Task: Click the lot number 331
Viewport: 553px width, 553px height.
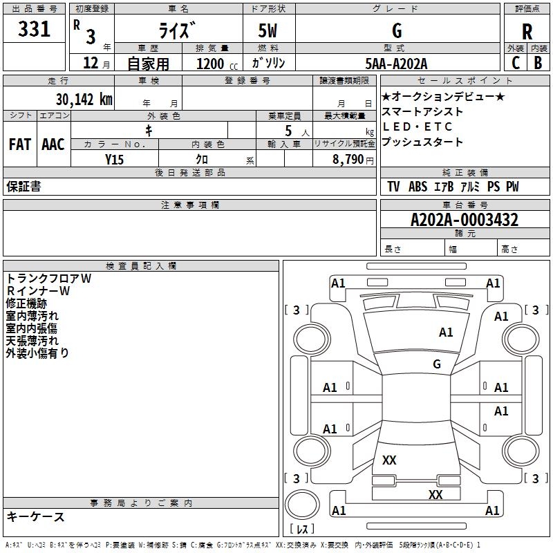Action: pos(34,30)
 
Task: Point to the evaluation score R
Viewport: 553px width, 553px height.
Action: pos(527,31)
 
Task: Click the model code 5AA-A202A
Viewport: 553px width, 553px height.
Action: pos(397,64)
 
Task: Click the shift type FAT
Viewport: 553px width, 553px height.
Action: pos(20,144)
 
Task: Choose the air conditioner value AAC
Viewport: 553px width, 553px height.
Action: pos(53,144)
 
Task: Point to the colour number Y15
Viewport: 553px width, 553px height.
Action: pos(114,160)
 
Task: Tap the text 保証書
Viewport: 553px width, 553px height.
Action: pos(24,187)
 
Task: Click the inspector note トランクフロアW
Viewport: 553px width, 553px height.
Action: pos(48,279)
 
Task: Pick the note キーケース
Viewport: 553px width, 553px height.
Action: pos(35,517)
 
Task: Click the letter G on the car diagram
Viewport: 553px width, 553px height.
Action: pos(437,364)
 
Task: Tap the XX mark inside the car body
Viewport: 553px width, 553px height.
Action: pos(389,460)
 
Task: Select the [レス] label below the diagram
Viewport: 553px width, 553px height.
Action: pos(301,529)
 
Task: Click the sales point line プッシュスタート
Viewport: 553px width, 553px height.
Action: pos(422,142)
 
